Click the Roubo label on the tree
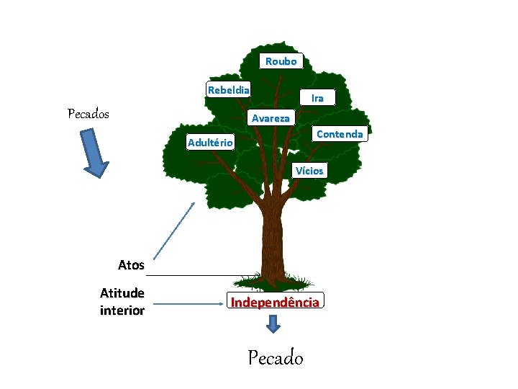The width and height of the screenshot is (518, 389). click(x=281, y=61)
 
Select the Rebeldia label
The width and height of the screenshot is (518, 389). click(x=229, y=90)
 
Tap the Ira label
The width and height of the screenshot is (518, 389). click(x=317, y=97)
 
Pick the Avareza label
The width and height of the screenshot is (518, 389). click(x=271, y=118)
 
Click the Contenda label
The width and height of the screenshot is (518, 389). click(x=340, y=134)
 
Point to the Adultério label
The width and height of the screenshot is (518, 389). click(x=209, y=143)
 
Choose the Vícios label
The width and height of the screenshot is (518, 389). click(x=310, y=171)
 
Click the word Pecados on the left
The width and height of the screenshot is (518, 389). click(x=88, y=114)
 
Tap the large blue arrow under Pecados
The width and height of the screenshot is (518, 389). click(x=94, y=153)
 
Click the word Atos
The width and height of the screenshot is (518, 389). click(x=131, y=265)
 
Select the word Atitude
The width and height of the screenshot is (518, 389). click(x=122, y=293)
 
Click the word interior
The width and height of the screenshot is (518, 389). click(x=122, y=311)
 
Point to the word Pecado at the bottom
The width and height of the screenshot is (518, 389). click(x=276, y=357)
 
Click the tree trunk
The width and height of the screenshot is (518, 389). click(x=272, y=238)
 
